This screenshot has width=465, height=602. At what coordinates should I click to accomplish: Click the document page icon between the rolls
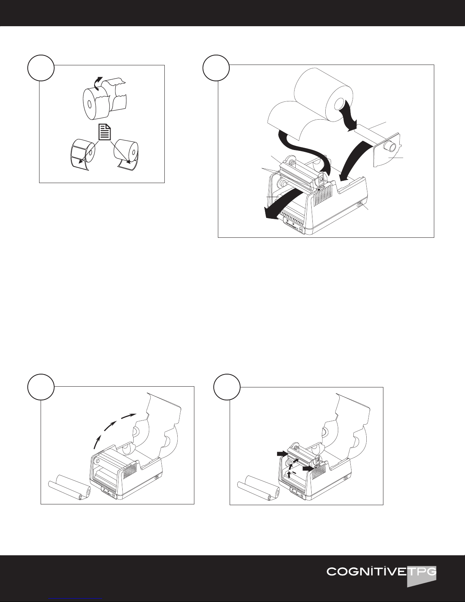pos(105,132)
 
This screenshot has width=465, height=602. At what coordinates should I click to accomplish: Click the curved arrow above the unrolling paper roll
pos(98,84)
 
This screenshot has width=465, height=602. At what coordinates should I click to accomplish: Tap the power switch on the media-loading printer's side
pos(359,205)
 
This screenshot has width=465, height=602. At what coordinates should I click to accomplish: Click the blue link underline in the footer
pos(75,599)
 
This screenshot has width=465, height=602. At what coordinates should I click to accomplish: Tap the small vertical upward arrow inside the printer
pos(289,474)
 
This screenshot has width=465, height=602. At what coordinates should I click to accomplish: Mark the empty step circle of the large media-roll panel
pos(216,68)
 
